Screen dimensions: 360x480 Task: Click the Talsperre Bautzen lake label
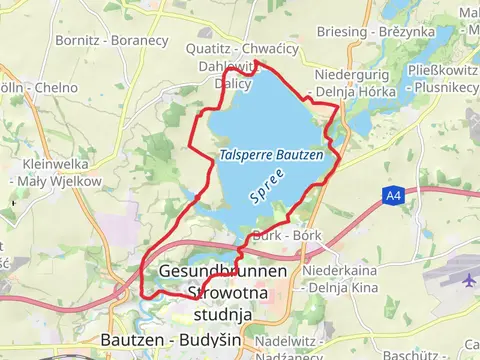click(272, 155)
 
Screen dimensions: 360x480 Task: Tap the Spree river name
click(268, 186)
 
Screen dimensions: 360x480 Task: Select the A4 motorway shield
click(393, 197)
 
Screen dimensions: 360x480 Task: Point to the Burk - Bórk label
click(287, 235)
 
